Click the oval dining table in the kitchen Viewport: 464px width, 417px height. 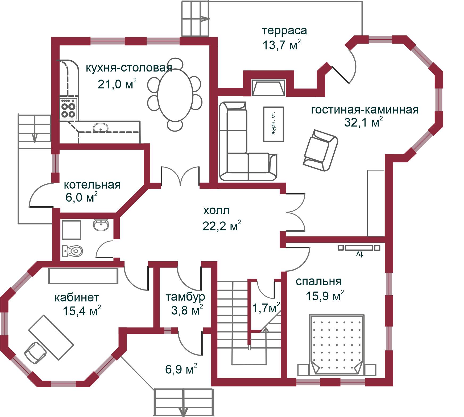coord(175,95)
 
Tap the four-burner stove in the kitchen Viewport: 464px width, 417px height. coord(68,108)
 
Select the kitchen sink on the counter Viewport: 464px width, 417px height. coord(101,128)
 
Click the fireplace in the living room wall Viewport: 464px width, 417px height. coord(268,88)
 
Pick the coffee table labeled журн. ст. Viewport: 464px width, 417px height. coord(274,124)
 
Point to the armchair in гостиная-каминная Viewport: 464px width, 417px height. coord(320,150)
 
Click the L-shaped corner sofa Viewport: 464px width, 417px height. coord(247,141)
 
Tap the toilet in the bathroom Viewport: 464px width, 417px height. coord(72,251)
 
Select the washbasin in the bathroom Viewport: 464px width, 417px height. coord(101,225)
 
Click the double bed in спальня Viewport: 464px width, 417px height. coord(337,345)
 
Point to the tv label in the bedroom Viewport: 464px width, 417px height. coord(359,254)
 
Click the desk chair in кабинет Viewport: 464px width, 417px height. coord(35,353)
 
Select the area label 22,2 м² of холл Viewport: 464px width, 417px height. coord(222,226)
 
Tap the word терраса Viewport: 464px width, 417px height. coord(284,31)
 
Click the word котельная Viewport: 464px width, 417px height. coord(92,185)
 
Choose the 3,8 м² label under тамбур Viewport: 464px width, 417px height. coord(187,310)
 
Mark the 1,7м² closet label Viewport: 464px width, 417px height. coord(266,308)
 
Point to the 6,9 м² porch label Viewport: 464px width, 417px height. coord(181,369)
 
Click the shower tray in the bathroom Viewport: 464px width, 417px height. coord(71,230)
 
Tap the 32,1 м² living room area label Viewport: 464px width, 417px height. coord(363,122)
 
